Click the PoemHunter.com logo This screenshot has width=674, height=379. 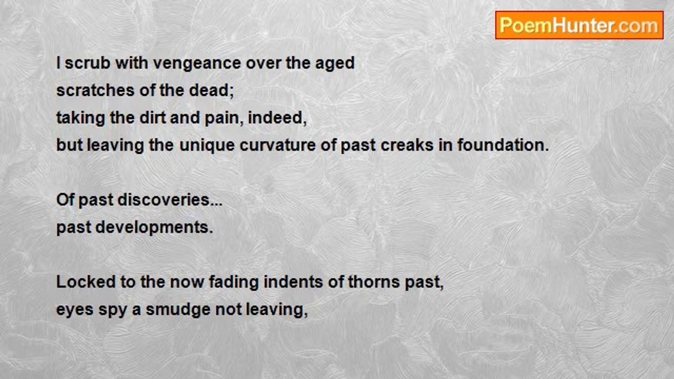coord(579,25)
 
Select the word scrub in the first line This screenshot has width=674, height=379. coord(87,63)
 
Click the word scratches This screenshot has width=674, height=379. coord(95,90)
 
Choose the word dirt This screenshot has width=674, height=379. coord(153,117)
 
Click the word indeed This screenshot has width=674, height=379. coord(275,117)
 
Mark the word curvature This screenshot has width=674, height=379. coord(277,145)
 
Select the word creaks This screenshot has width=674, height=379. coord(407,145)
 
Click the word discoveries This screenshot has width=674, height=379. coord(163,200)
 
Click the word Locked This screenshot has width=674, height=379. coord(86,282)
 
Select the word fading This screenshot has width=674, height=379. coord(234,283)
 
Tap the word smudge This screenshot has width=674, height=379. coord(178,310)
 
